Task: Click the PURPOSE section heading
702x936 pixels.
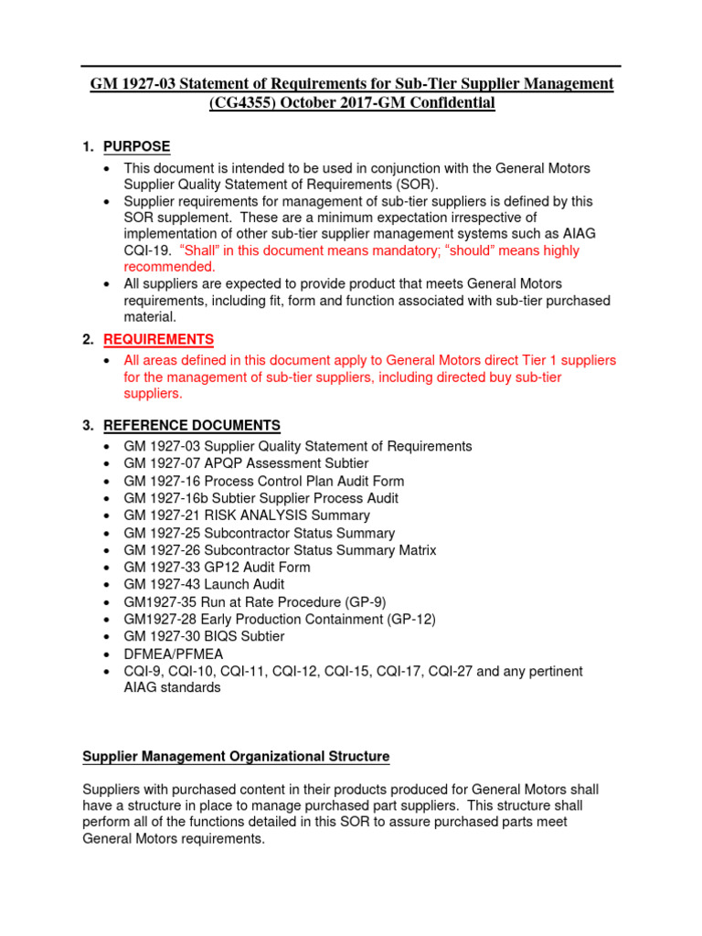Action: coord(136,147)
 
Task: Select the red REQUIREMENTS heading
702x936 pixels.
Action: coord(158,339)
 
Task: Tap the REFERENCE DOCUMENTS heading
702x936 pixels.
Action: coord(192,425)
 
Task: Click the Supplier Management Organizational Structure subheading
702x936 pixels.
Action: coord(236,757)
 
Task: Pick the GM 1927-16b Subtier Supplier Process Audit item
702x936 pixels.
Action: coord(261,498)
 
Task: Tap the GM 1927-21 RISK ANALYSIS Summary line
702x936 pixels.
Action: coord(247,516)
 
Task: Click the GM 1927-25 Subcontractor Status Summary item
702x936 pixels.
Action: coord(259,533)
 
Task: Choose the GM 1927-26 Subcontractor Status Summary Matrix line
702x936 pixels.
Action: coord(280,550)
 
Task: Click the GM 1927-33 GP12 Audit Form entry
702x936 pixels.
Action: coord(217,568)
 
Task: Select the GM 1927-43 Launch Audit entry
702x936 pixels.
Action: coord(204,584)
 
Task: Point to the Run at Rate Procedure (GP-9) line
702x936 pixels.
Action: coord(260,601)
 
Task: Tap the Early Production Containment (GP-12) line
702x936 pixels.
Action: coord(280,619)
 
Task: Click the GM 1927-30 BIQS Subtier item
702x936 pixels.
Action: coord(204,636)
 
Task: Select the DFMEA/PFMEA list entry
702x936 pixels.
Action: coord(173,654)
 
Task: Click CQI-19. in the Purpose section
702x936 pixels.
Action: coord(147,250)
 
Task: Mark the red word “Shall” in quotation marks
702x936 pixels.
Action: coord(200,250)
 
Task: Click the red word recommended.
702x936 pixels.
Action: coord(169,267)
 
